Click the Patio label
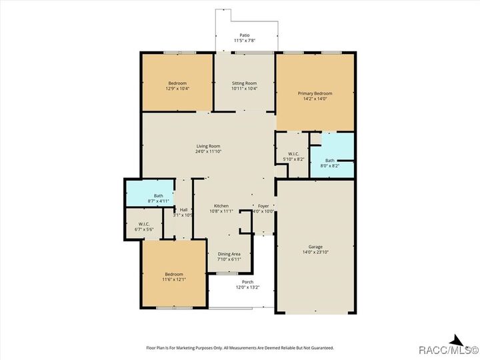[x=244, y=35]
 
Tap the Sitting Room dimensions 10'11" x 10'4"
[x=244, y=89]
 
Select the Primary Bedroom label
[x=315, y=93]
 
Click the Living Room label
[x=208, y=146]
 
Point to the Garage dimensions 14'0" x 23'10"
[x=315, y=252]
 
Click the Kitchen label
[x=221, y=206]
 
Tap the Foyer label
[x=264, y=206]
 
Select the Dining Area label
[x=229, y=254]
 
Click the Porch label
[x=247, y=282]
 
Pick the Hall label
[x=183, y=210]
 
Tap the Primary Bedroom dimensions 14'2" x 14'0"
[x=315, y=99]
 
